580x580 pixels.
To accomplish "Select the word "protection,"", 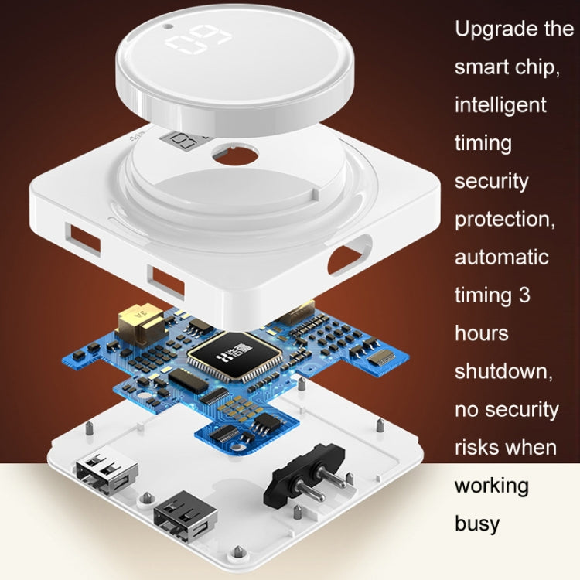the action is pyautogui.click(x=505, y=220).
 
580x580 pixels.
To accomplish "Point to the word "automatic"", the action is pyautogui.click(x=502, y=257).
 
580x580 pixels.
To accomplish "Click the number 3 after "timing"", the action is pyautogui.click(x=524, y=295).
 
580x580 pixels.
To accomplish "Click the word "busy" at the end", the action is pyautogui.click(x=477, y=524).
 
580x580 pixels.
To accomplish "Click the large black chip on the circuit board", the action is pyautogui.click(x=234, y=356).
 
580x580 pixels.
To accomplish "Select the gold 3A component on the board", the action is pyautogui.click(x=140, y=322).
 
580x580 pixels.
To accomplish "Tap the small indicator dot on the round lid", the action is pyautogui.click(x=168, y=26).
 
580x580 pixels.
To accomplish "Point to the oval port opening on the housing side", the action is pyautogui.click(x=350, y=254).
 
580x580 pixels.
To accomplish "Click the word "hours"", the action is pyautogui.click(x=482, y=333).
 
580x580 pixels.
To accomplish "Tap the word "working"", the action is pyautogui.click(x=492, y=486).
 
